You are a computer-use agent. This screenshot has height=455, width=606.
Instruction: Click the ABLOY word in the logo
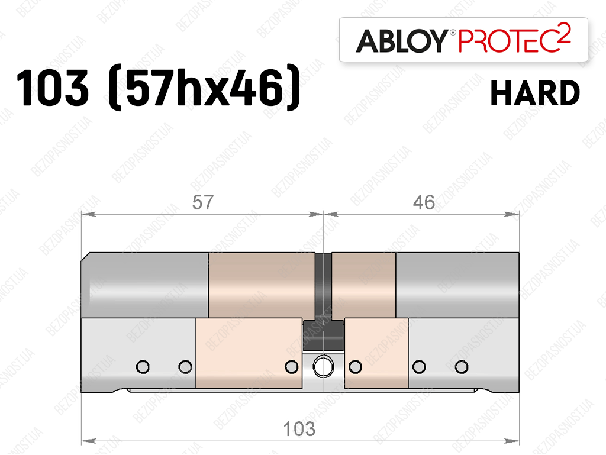[x=401, y=41]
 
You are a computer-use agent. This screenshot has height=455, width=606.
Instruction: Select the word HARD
[x=535, y=93]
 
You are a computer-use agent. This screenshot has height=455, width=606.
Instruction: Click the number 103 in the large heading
[x=52, y=88]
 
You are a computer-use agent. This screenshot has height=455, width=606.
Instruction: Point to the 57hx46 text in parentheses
[x=204, y=88]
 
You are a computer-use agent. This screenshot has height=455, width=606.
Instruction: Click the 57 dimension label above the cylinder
[x=202, y=202]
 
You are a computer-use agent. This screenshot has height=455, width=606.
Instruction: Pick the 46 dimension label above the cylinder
[x=424, y=202]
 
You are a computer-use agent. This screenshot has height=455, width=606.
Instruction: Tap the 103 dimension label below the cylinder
[x=299, y=429]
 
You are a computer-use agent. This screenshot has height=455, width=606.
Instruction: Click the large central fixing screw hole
[x=323, y=367]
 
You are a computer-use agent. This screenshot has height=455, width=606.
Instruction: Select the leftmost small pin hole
[x=143, y=367]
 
